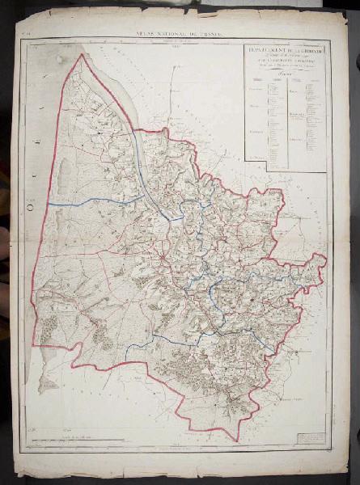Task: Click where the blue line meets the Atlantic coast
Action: [49, 203]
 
